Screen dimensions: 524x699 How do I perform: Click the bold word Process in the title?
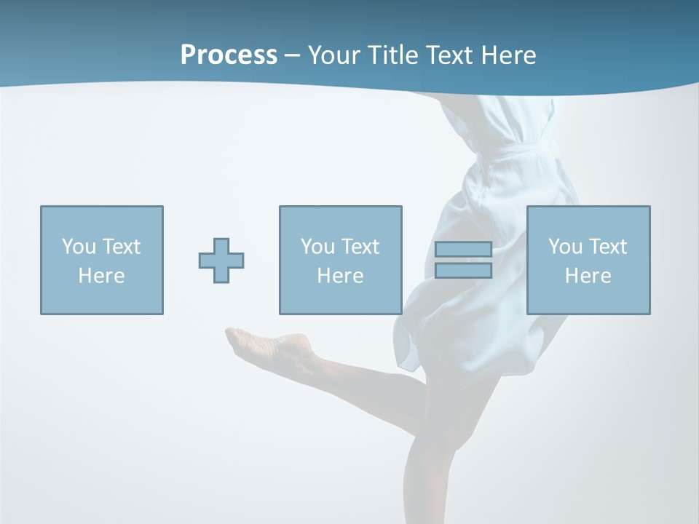tap(229, 55)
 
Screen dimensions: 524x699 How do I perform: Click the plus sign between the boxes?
tap(221, 261)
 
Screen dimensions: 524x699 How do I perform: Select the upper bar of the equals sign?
tap(463, 249)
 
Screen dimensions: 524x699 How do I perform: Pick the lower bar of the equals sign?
tap(463, 271)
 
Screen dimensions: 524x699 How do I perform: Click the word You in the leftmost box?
tap(79, 247)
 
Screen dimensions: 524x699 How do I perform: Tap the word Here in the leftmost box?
tap(101, 276)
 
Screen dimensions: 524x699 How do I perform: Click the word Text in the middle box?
tap(360, 247)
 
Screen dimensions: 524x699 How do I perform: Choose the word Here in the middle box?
tap(340, 276)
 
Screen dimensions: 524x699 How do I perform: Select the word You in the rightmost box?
tap(565, 247)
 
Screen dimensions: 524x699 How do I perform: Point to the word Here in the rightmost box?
tap(588, 276)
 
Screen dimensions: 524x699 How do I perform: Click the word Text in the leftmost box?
tap(122, 247)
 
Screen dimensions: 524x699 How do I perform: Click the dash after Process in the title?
tap(292, 56)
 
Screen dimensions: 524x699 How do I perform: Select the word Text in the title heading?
tap(448, 55)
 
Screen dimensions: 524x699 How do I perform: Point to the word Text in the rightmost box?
tap(608, 247)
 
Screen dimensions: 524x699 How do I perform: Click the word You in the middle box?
tap(317, 247)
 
